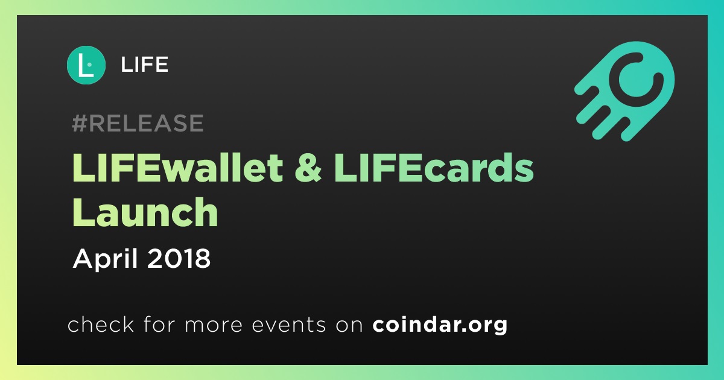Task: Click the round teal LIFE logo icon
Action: click(86, 65)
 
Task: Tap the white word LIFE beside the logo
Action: click(144, 65)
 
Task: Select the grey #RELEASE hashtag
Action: click(138, 123)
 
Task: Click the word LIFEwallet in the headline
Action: click(177, 168)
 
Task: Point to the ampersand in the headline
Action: click(308, 168)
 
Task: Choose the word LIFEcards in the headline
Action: click(433, 168)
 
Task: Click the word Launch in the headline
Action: click(145, 212)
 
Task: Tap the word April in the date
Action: click(106, 259)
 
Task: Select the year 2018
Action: click(179, 259)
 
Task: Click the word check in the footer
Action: click(101, 325)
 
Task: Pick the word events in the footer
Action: click(288, 325)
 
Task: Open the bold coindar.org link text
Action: click(440, 325)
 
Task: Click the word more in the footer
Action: click(214, 325)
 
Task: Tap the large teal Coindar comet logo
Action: click(624, 91)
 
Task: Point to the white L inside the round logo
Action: click(85, 65)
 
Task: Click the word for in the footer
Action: click(159, 325)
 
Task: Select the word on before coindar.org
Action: click(349, 325)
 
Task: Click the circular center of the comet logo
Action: click(636, 80)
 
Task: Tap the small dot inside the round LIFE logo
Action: click(89, 65)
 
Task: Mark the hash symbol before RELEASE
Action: click(80, 123)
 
